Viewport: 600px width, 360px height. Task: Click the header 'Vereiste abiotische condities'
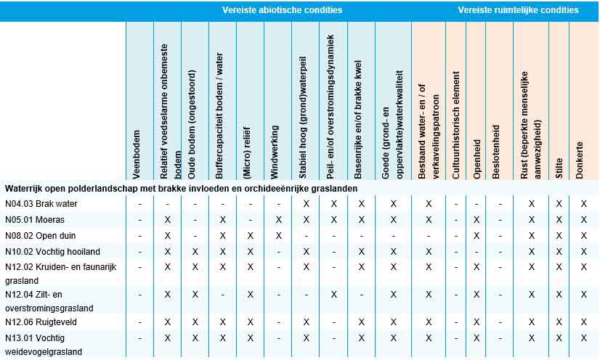283,10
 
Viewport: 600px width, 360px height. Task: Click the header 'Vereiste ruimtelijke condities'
518,10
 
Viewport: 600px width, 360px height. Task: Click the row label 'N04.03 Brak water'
41,204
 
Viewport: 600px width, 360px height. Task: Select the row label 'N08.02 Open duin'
40,236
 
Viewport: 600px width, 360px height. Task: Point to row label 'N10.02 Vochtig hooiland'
49,252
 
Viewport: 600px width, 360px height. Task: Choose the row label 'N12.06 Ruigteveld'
41,322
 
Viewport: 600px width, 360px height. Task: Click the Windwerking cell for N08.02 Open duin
278,236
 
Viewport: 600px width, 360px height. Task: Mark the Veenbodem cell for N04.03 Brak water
140,204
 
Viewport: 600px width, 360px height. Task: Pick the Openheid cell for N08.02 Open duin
477,236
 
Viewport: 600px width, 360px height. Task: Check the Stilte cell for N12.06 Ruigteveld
559,322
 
